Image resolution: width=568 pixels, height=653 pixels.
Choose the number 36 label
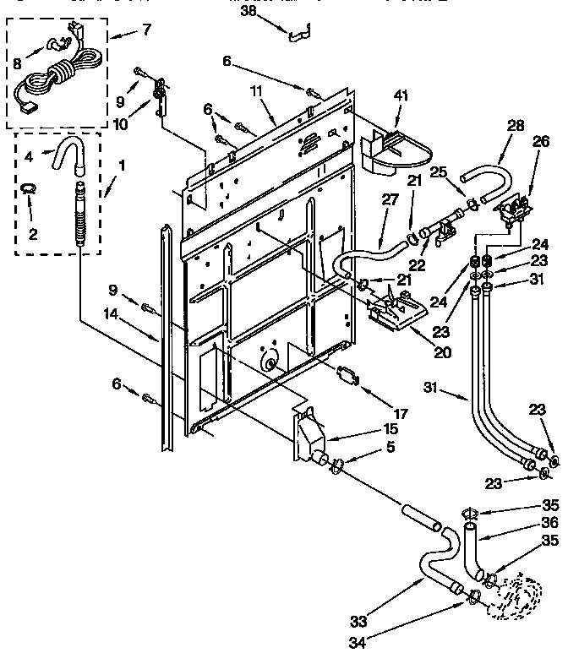551,524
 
